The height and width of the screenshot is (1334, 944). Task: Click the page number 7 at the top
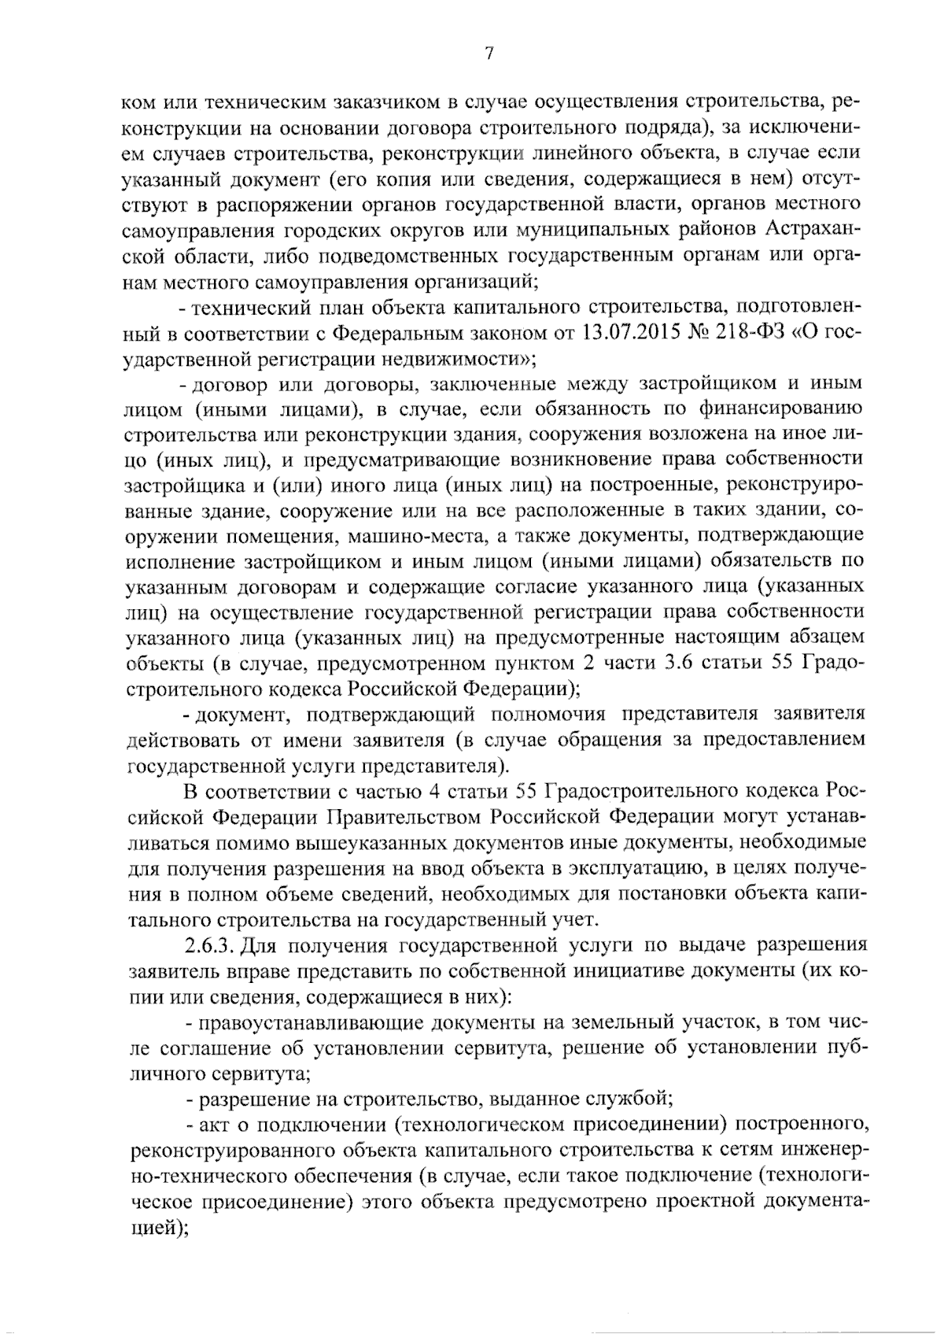489,54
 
